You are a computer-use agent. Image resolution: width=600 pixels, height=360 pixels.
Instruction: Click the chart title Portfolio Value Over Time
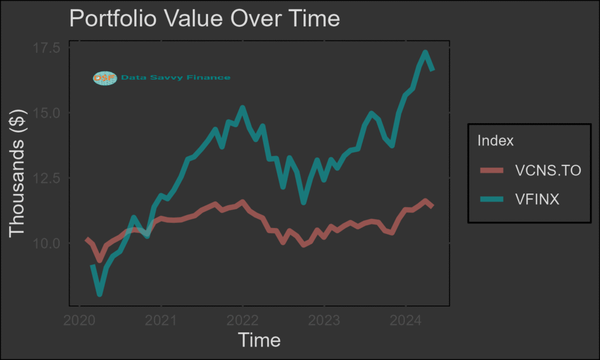(x=204, y=19)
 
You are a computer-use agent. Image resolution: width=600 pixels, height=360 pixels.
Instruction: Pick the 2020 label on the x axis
(x=79, y=321)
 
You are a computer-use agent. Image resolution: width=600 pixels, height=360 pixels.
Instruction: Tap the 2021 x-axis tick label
(x=161, y=321)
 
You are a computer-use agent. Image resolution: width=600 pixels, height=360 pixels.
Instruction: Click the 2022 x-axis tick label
(x=242, y=321)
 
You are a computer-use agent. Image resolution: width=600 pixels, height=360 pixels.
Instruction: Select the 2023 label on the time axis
(x=324, y=321)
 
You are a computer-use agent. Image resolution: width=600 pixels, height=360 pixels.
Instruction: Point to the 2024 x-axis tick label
(x=405, y=321)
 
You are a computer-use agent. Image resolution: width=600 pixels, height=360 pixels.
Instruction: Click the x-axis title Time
(x=259, y=340)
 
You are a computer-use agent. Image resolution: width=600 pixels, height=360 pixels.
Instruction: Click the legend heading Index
(x=495, y=141)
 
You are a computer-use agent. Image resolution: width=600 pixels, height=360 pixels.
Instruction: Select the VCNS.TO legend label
(x=548, y=171)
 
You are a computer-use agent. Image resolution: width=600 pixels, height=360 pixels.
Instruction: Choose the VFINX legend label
(x=537, y=199)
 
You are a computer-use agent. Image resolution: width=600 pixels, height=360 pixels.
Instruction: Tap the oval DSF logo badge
(x=105, y=78)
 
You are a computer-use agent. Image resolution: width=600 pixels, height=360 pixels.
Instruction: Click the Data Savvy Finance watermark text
(x=175, y=78)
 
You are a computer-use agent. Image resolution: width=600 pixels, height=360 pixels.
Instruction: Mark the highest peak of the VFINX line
(x=425, y=53)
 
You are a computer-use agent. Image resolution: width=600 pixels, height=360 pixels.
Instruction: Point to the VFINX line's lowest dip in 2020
(x=100, y=293)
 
